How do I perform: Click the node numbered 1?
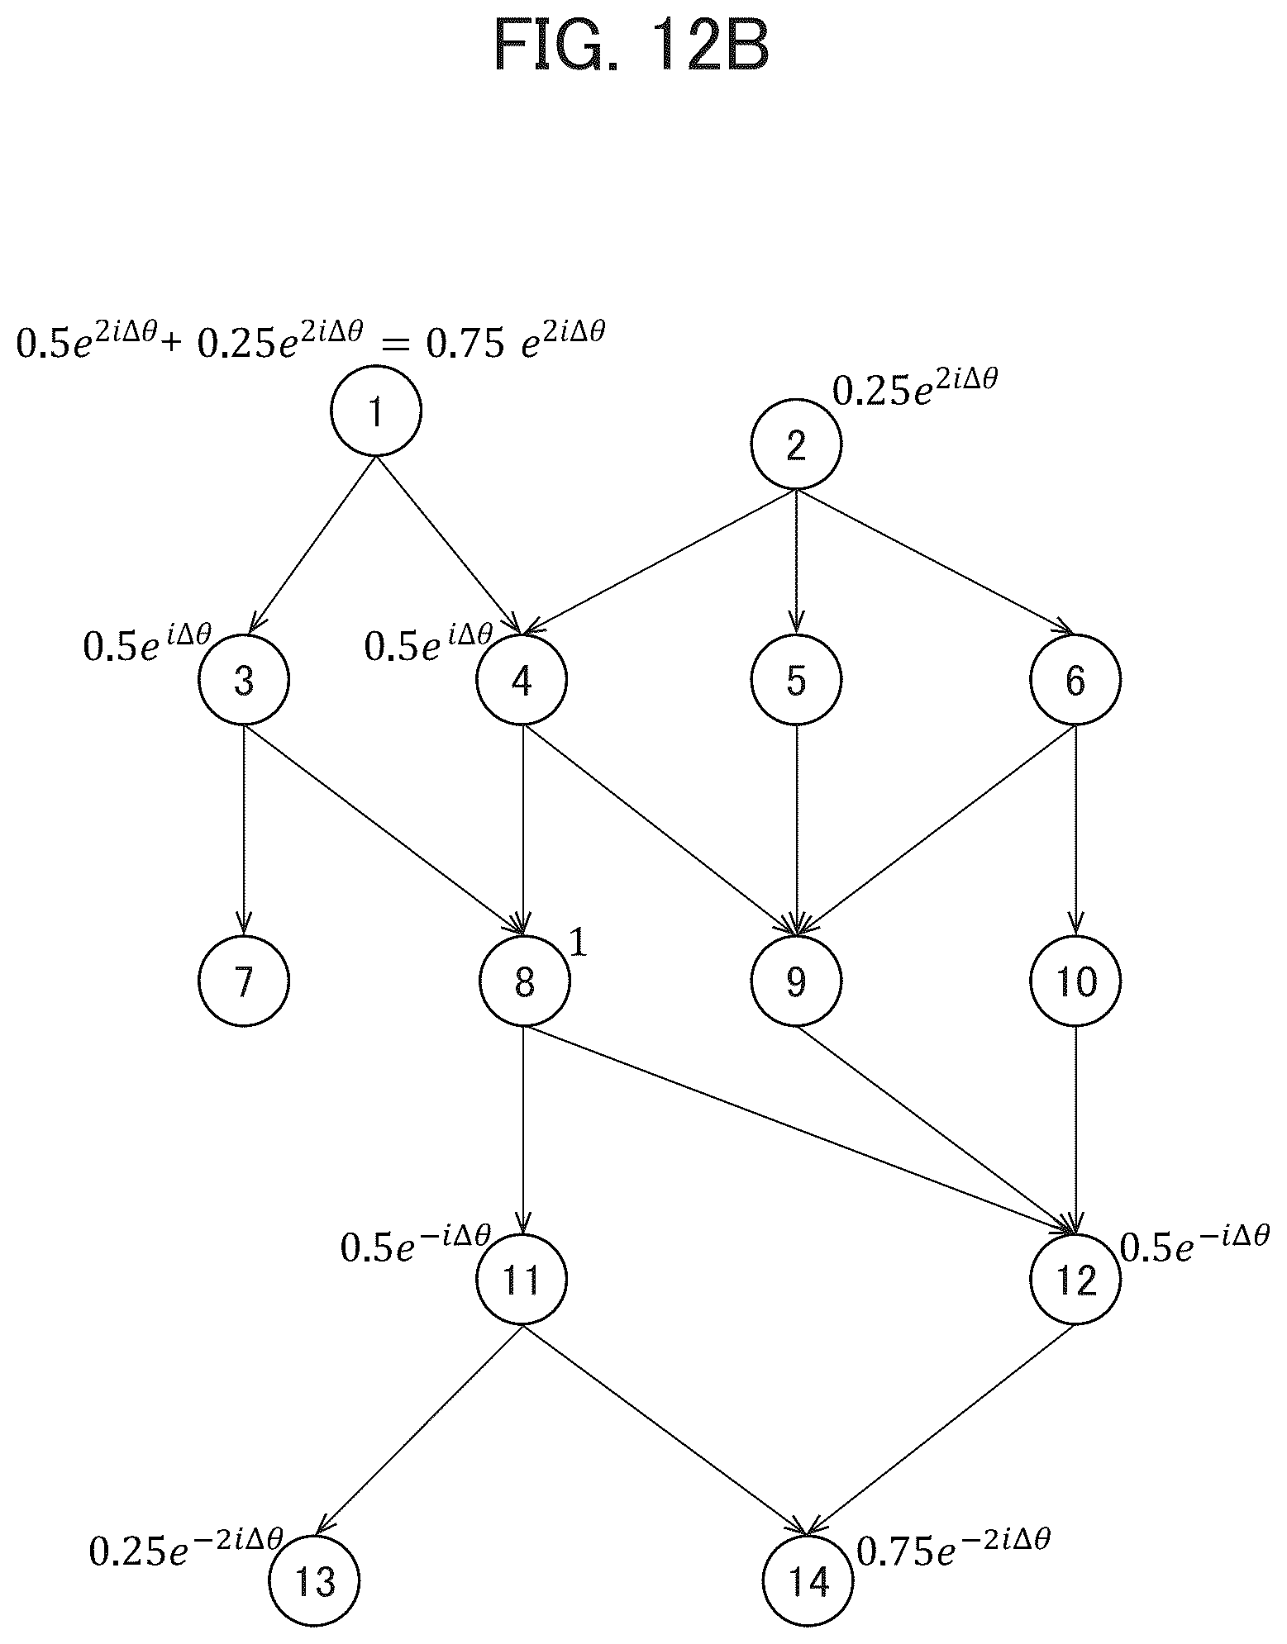(x=376, y=411)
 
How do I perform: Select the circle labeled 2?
(x=796, y=445)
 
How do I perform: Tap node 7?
(x=244, y=981)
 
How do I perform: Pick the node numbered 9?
(x=796, y=981)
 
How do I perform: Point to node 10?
(x=1075, y=981)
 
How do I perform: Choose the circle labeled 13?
(x=315, y=1580)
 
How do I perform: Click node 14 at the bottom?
(x=808, y=1580)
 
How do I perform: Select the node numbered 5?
(x=796, y=680)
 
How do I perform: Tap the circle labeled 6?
(x=1075, y=680)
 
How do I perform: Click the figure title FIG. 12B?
(x=632, y=48)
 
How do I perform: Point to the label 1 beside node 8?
(x=579, y=944)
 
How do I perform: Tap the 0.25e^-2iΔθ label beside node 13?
(x=187, y=1546)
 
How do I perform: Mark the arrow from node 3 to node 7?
(x=244, y=829)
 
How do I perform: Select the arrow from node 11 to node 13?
(x=420, y=1431)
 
